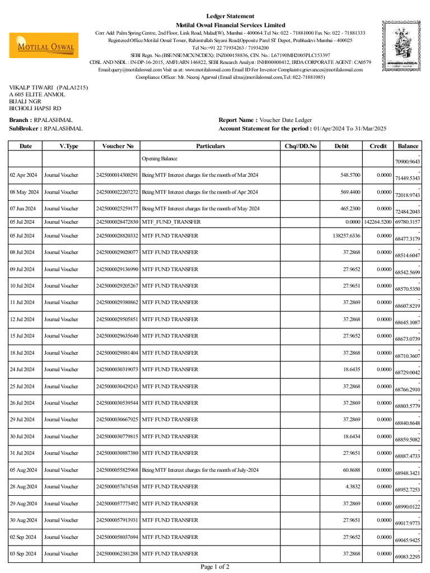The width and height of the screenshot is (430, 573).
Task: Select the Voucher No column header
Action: (118, 146)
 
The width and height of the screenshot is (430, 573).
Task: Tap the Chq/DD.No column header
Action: (301, 146)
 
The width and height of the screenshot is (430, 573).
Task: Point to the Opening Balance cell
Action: (160, 159)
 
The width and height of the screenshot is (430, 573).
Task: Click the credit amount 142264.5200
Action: (378, 222)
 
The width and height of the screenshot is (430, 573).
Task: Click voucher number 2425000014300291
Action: (118, 175)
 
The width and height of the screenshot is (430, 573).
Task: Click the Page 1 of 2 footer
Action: (215, 567)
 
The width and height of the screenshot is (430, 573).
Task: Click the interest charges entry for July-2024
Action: (200, 470)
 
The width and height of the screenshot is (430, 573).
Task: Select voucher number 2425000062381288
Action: (118, 553)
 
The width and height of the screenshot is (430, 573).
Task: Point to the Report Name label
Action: (238, 120)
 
